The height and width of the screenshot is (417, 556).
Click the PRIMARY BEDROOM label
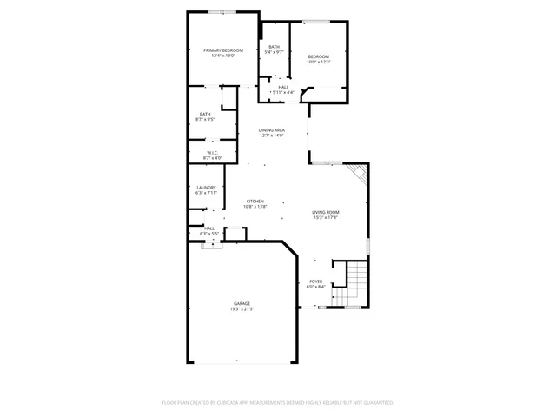[x=223, y=50]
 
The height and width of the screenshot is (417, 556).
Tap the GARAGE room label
[x=241, y=303]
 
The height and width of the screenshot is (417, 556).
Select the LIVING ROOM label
[x=326, y=212]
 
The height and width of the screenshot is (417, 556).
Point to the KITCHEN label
[x=255, y=201]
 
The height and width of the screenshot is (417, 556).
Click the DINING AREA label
[x=271, y=130]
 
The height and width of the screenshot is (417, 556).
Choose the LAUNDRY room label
[x=206, y=188]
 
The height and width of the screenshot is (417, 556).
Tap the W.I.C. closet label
[x=212, y=153]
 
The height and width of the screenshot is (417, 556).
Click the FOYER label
[x=316, y=281]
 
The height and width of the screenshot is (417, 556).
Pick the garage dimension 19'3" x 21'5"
[x=241, y=309]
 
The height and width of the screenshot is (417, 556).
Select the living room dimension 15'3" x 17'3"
[x=326, y=218]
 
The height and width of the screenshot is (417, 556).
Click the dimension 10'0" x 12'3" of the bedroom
[x=319, y=62]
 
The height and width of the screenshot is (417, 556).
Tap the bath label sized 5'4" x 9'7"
[x=274, y=47]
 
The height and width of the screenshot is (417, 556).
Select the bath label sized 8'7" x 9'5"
[x=205, y=114]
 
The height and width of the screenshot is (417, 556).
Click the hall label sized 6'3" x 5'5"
[x=208, y=228]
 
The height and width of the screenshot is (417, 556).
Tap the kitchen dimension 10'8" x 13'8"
[x=255, y=207]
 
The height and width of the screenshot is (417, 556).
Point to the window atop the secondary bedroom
[x=316, y=22]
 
